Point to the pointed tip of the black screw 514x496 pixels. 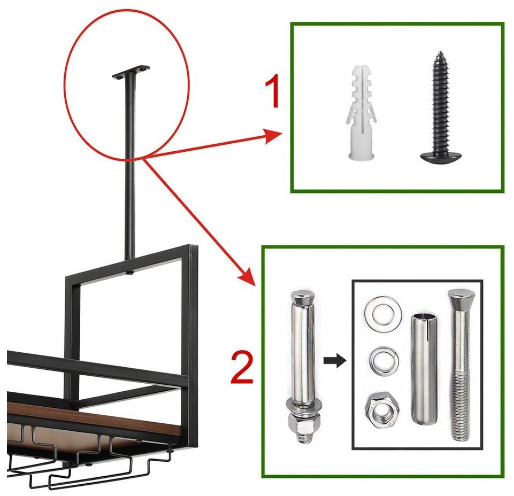click(441, 52)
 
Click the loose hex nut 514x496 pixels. click(382, 411)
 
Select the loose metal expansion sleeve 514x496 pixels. click(424, 369)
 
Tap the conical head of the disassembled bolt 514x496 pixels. click(462, 298)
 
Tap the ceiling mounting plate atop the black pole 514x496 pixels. click(131, 72)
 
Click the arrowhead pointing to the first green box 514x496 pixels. click(273, 136)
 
